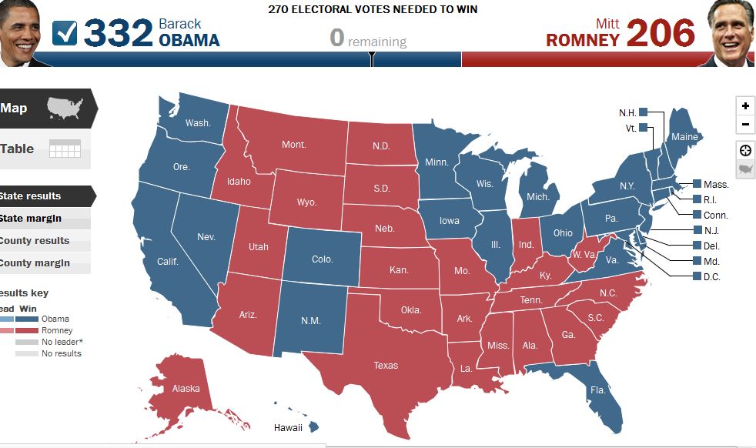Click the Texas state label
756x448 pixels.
point(386,366)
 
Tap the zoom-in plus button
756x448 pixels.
point(744,106)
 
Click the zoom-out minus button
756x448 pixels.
point(744,125)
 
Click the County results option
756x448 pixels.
point(35,241)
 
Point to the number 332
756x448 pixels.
point(117,33)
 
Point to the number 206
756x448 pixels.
point(661,33)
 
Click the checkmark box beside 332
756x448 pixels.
point(65,33)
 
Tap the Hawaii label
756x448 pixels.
point(289,427)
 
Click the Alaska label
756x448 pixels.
point(186,389)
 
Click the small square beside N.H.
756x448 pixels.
point(644,112)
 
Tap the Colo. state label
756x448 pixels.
point(322,259)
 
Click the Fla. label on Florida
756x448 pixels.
point(598,390)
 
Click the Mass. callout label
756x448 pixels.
point(716,185)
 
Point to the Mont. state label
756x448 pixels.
point(293,145)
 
